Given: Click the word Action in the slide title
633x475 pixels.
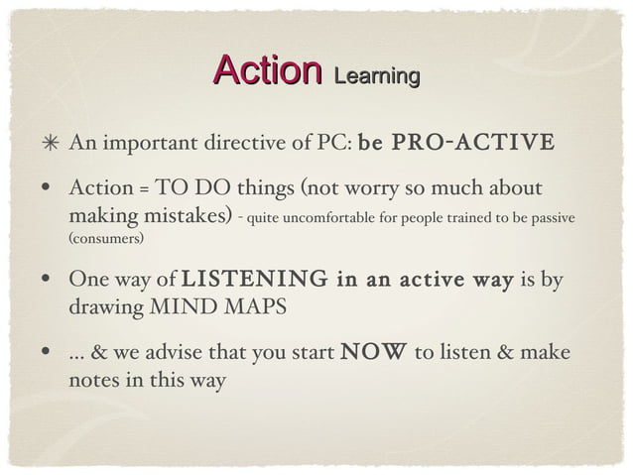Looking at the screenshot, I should pyautogui.click(x=267, y=70).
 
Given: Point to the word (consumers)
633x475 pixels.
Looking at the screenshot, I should pyautogui.click(x=106, y=241).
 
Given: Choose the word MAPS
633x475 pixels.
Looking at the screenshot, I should pyautogui.click(x=257, y=307).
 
